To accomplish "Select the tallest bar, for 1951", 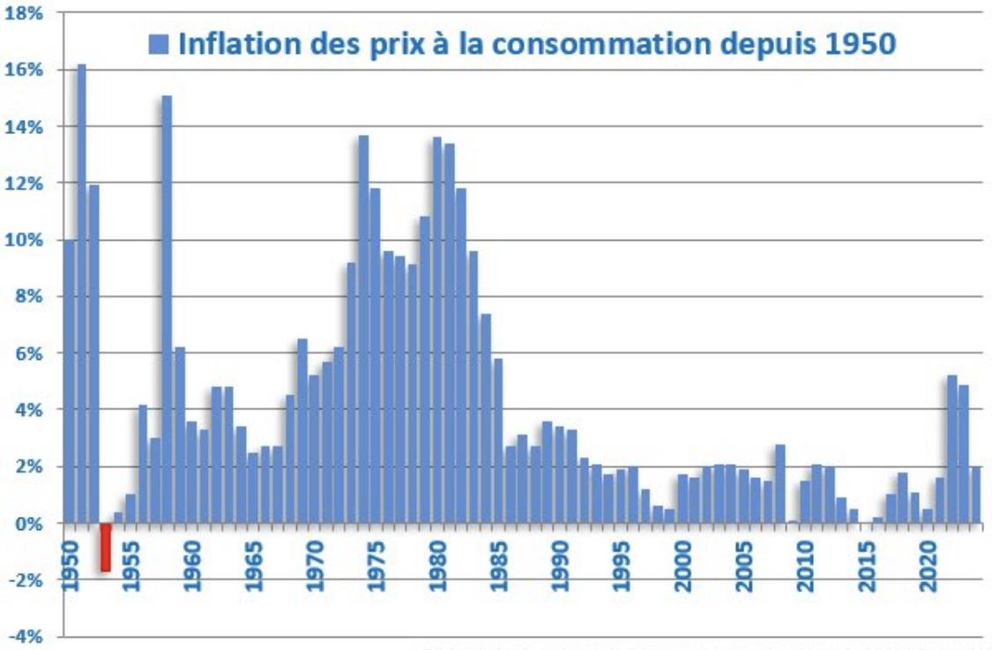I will coord(81,291).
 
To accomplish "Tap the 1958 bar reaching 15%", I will coord(167,309).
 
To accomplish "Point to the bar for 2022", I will coord(951,450).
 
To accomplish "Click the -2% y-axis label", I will coord(26,580).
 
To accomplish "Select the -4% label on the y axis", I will coord(26,637).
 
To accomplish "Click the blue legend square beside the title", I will coord(159,44).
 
